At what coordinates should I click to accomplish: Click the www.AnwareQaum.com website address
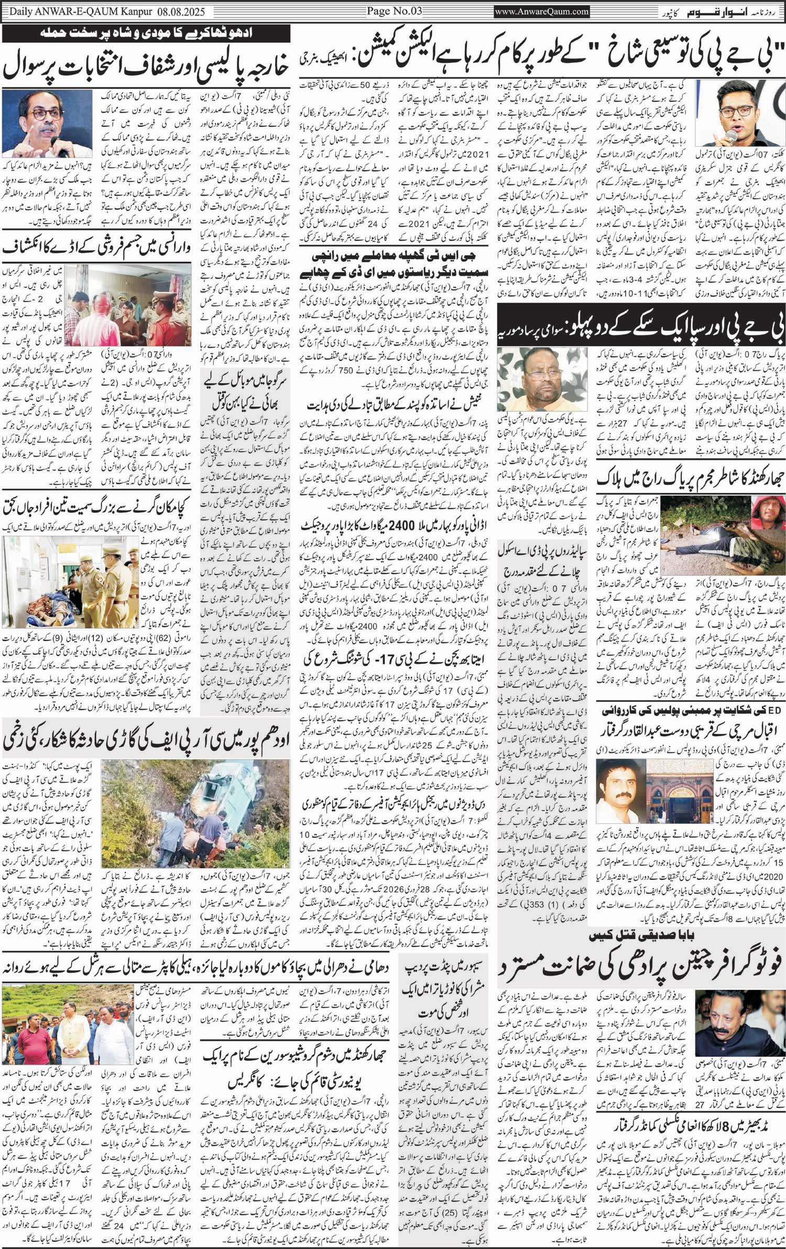[541, 11]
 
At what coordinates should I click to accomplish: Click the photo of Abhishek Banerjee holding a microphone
[739, 113]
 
